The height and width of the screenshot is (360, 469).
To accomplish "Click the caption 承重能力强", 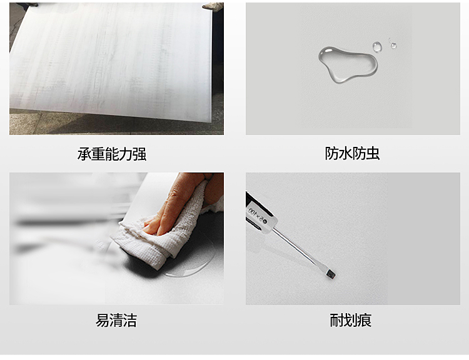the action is pyautogui.click(x=112, y=154).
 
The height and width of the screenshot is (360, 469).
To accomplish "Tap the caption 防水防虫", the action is pyautogui.click(x=352, y=153).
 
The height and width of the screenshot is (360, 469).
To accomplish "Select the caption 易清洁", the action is pyautogui.click(x=116, y=320).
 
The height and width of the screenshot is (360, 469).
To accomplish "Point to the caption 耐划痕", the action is pyautogui.click(x=351, y=320).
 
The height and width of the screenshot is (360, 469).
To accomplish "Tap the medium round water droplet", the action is pyautogui.click(x=377, y=47).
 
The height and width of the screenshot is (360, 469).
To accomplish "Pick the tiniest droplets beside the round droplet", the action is pyautogui.click(x=392, y=44).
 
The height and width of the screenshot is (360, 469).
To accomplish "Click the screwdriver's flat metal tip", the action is pyautogui.click(x=331, y=274).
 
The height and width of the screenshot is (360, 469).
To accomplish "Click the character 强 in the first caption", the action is pyautogui.click(x=139, y=154).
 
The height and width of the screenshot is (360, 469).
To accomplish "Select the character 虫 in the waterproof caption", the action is pyautogui.click(x=373, y=153).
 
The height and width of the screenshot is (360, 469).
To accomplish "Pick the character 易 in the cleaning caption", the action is pyautogui.click(x=103, y=320).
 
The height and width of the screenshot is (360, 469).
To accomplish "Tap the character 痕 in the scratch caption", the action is pyautogui.click(x=365, y=320).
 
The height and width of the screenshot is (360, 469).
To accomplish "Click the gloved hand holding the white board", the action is pyautogui.click(x=213, y=6).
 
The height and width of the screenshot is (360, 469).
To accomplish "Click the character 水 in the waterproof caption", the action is pyautogui.click(x=345, y=153).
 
